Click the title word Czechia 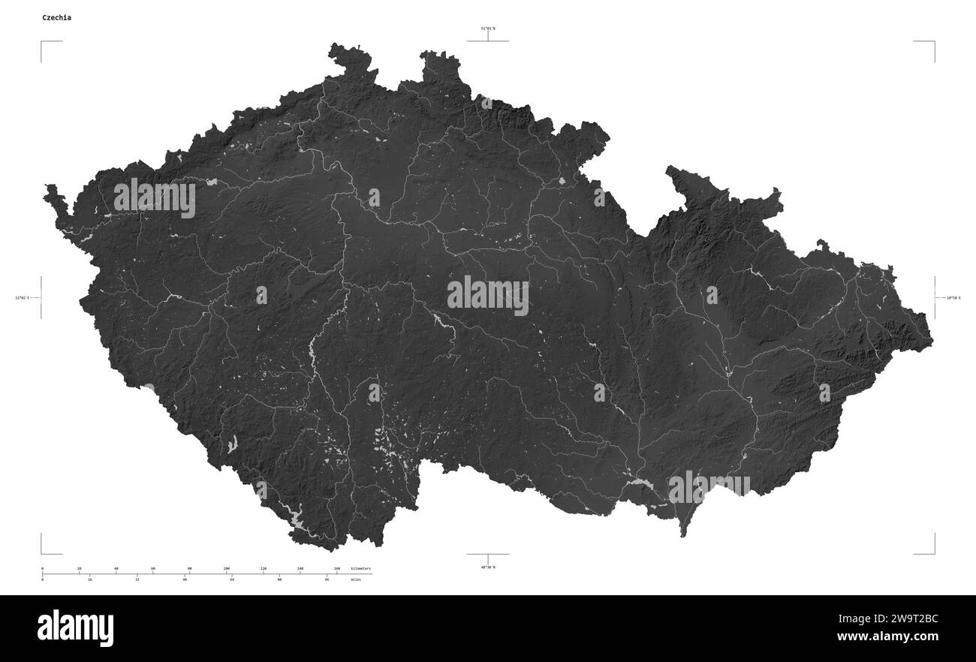pyautogui.click(x=57, y=17)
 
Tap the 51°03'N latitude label pyautogui.click(x=488, y=29)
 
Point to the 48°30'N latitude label pyautogui.click(x=488, y=567)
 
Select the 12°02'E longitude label pyautogui.click(x=22, y=298)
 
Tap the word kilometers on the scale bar pyautogui.click(x=360, y=569)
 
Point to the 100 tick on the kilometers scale pyautogui.click(x=226, y=569)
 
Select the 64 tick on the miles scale pyautogui.click(x=232, y=579)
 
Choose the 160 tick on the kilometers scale pyautogui.click(x=336, y=569)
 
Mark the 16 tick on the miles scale pyautogui.click(x=90, y=579)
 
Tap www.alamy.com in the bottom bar pyautogui.click(x=887, y=637)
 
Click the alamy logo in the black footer pyautogui.click(x=75, y=627)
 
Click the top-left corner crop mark pyautogui.click(x=42, y=42)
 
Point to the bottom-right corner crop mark pyautogui.click(x=934, y=553)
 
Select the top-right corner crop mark pyautogui.click(x=934, y=42)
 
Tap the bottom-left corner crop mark pyautogui.click(x=42, y=553)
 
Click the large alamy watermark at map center pyautogui.click(x=488, y=295)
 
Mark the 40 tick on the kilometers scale pyautogui.click(x=116, y=569)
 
